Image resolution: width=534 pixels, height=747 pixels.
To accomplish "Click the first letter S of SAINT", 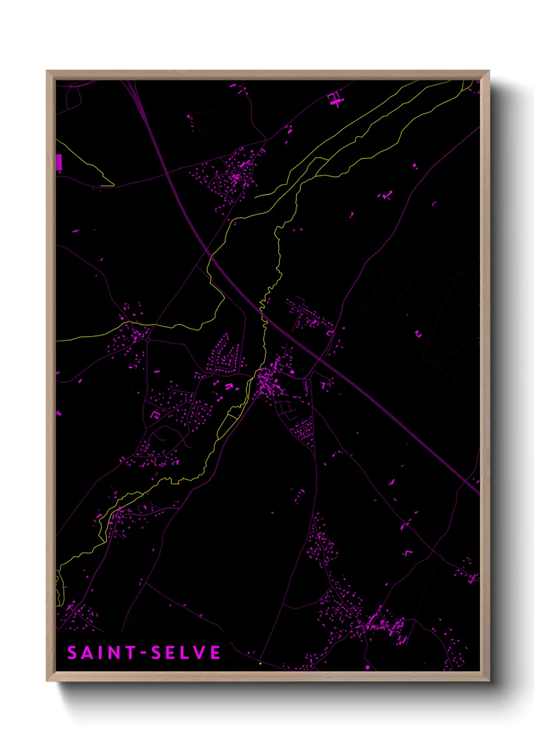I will (72, 653).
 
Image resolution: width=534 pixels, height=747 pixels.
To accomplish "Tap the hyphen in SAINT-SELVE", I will (144, 653).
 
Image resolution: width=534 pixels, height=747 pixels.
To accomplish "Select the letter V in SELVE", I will (199, 653).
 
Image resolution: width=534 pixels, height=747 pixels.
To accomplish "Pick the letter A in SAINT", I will (86, 653).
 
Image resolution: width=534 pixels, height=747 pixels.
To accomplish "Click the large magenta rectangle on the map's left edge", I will (59, 163).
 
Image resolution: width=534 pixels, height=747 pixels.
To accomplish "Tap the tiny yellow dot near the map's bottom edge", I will (260, 664).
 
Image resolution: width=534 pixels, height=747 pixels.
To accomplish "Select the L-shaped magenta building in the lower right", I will (408, 553).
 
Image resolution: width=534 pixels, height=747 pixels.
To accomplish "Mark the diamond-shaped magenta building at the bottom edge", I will (367, 667).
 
